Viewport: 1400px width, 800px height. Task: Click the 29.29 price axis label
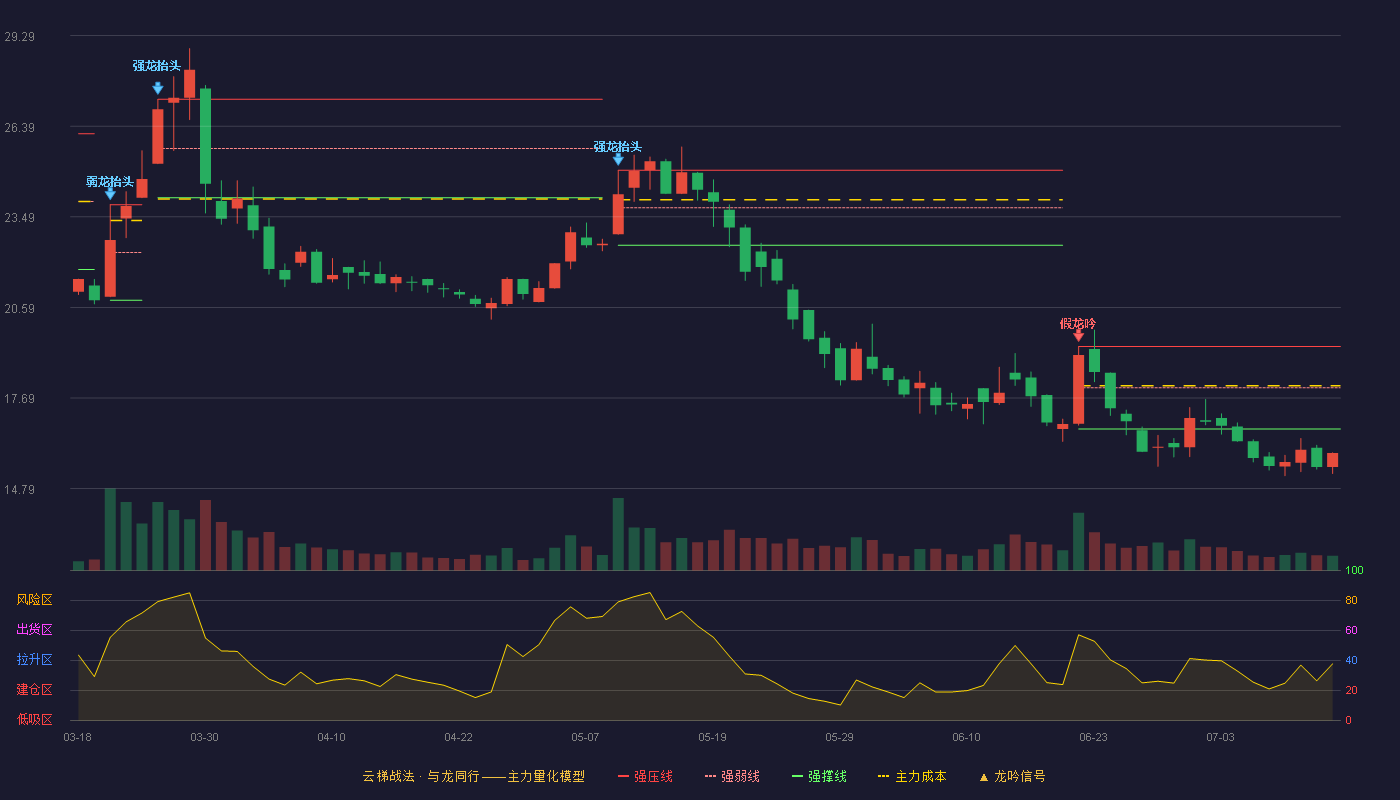[19, 37]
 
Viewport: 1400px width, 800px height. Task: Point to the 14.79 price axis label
[19, 489]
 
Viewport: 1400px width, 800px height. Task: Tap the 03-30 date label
[204, 738]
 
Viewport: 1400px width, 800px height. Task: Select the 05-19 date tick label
[712, 738]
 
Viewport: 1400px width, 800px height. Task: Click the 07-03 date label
[1221, 738]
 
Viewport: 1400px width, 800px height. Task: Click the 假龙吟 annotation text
[1078, 324]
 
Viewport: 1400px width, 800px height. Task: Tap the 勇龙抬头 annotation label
[110, 182]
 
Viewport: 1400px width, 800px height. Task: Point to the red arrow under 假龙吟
[1078, 336]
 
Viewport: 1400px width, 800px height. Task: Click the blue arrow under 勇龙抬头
[110, 194]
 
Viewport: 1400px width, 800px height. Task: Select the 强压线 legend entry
[645, 776]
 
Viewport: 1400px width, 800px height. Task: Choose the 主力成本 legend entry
[912, 776]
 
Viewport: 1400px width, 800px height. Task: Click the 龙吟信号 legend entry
[1012, 776]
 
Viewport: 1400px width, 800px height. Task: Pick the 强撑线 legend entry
[819, 776]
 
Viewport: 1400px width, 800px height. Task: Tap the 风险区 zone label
[34, 600]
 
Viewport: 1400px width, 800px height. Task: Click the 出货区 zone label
[34, 629]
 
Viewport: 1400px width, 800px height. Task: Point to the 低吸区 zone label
[34, 719]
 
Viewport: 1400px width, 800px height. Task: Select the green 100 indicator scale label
[1354, 570]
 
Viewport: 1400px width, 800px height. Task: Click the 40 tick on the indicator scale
[1351, 660]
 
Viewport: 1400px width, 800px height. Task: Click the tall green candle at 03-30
[205, 136]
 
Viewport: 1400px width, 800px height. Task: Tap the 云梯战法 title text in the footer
[388, 776]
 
